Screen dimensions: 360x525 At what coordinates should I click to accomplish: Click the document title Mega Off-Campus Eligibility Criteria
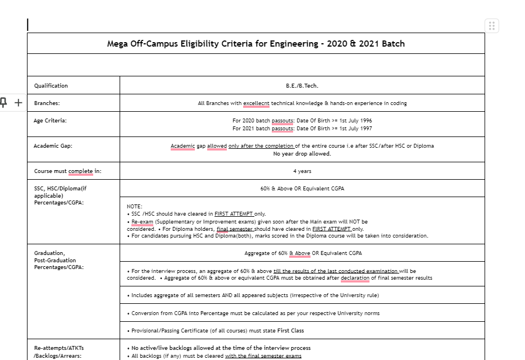pyautogui.click(x=255, y=44)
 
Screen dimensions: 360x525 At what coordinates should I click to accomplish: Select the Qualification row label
pyautogui.click(x=51, y=86)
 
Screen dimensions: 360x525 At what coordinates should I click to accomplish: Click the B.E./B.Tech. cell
pyautogui.click(x=302, y=86)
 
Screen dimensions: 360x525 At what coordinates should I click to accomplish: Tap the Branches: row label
pyautogui.click(x=47, y=103)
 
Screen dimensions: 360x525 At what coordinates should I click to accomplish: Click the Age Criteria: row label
pyautogui.click(x=51, y=121)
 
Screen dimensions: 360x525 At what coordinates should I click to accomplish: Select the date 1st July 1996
pyautogui.click(x=353, y=121)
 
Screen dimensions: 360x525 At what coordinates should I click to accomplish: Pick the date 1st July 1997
pyautogui.click(x=353, y=129)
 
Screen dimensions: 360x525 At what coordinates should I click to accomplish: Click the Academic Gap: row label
pyautogui.click(x=53, y=146)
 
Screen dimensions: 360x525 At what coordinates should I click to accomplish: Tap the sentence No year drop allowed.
pyautogui.click(x=302, y=154)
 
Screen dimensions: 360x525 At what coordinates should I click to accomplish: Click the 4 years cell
pyautogui.click(x=302, y=171)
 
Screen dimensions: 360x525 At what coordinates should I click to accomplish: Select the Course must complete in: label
pyautogui.click(x=68, y=171)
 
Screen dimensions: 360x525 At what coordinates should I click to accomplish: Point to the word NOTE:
pyautogui.click(x=135, y=207)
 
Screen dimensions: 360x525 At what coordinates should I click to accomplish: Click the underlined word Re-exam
pyautogui.click(x=142, y=221)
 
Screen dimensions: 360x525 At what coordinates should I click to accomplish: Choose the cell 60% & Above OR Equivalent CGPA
pyautogui.click(x=302, y=189)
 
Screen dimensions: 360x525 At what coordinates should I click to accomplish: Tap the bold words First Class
pyautogui.click(x=290, y=330)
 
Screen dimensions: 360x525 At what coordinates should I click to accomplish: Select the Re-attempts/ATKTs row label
pyautogui.click(x=59, y=348)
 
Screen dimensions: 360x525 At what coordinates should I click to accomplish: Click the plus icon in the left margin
pyautogui.click(x=18, y=102)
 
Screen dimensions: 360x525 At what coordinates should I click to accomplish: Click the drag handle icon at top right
pyautogui.click(x=492, y=26)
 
